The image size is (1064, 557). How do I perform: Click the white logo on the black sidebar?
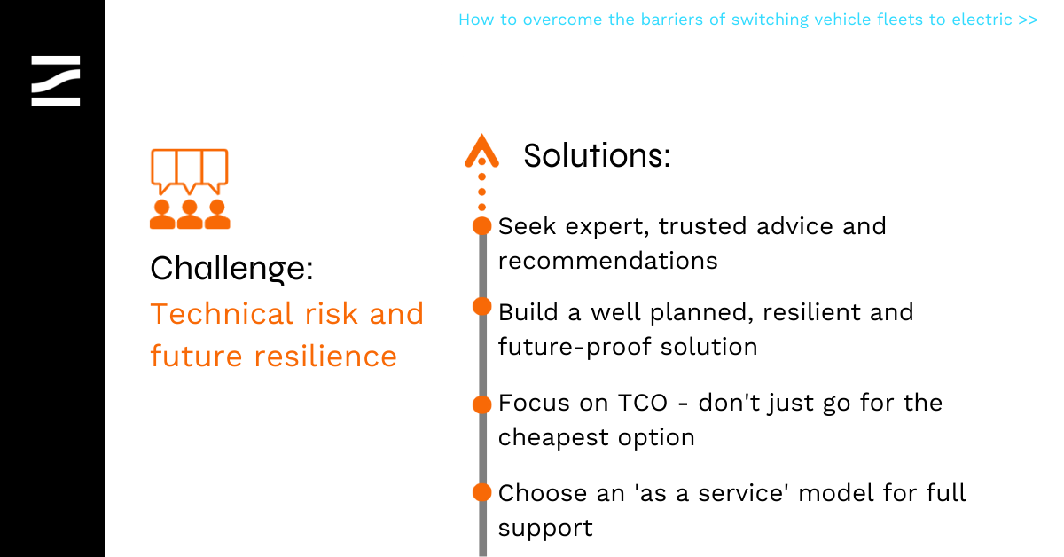[56, 81]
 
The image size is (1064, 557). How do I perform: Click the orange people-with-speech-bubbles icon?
[190, 189]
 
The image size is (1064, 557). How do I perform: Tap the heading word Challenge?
[231, 269]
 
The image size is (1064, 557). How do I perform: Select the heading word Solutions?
[597, 155]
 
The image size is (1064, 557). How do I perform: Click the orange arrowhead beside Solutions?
[481, 151]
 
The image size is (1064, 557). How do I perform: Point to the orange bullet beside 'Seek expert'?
[482, 226]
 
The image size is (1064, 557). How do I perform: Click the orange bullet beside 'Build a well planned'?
[482, 307]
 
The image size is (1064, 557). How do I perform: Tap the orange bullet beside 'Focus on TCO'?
[482, 404]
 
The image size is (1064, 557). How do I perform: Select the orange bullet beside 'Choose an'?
[482, 492]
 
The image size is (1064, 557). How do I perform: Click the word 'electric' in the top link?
[982, 20]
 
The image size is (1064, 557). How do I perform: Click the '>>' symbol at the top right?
[1028, 20]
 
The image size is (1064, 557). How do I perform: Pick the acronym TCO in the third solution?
[643, 403]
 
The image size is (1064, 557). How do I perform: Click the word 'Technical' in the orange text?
[223, 314]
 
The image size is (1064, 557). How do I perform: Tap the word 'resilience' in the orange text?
[325, 357]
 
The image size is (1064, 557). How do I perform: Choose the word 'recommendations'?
[608, 261]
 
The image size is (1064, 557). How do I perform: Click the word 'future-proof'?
[574, 348]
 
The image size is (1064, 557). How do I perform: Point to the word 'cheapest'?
[553, 438]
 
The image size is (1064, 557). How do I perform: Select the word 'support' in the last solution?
[545, 529]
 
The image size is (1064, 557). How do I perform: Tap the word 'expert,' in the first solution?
[607, 227]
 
